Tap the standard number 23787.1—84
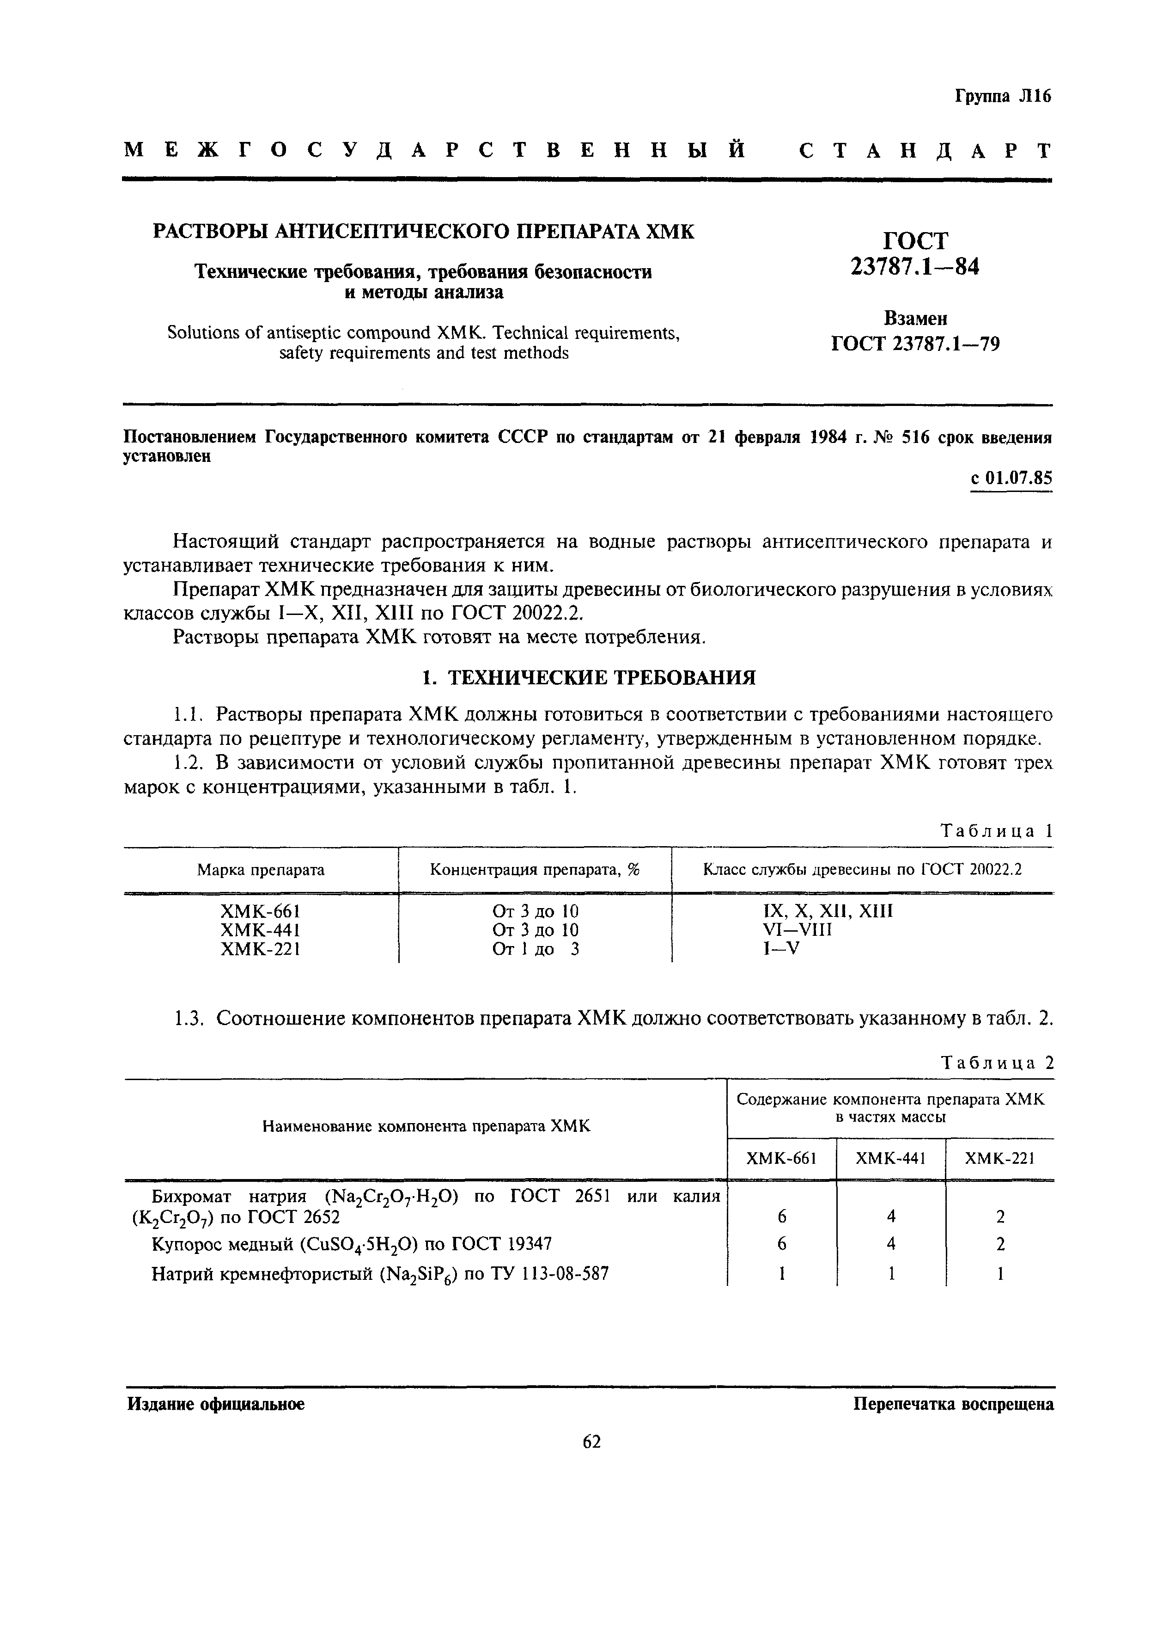915,267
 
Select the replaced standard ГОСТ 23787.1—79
915,344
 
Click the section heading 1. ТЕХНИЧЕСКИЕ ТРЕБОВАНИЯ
589,677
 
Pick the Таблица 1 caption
997,830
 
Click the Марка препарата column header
261,870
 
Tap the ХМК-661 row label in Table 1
261,911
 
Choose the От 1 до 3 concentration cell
535,949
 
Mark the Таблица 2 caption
997,1063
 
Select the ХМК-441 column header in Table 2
890,1159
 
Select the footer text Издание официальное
216,1405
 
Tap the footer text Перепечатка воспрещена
953,1405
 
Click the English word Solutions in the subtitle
200,333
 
